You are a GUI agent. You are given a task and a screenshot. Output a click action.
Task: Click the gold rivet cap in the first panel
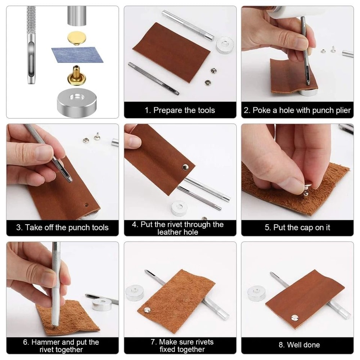[x=74, y=37]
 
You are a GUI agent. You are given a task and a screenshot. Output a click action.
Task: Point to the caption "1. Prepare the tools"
[x=180, y=110]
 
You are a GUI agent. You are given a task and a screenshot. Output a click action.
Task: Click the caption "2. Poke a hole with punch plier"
[x=297, y=110]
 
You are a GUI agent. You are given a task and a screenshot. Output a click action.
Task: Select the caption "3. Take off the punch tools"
[x=62, y=228]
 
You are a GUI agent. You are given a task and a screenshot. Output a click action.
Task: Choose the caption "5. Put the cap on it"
[x=297, y=228]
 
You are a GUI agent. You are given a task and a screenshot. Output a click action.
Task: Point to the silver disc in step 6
[x=102, y=304]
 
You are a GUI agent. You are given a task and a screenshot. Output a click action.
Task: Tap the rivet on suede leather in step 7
[x=148, y=310]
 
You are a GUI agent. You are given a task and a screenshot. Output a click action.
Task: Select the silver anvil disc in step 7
[x=135, y=292]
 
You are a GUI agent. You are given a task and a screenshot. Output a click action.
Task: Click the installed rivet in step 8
[x=294, y=318]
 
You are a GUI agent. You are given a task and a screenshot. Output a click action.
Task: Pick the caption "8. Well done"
[x=297, y=345]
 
